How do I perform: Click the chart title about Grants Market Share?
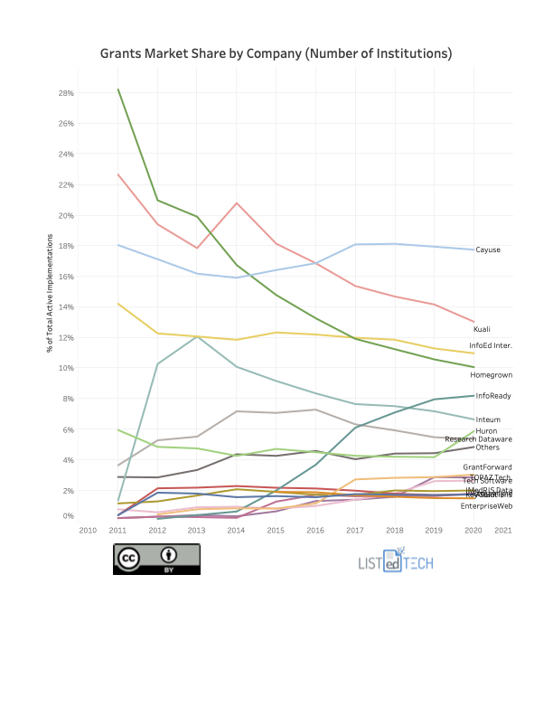click(276, 54)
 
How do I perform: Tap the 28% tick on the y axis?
click(66, 93)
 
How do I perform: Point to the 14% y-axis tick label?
click(66, 307)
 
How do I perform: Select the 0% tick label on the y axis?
click(68, 516)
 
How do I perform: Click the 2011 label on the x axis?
click(117, 530)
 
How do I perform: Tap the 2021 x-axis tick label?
click(503, 530)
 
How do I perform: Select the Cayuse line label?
click(488, 250)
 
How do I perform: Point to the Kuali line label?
click(482, 330)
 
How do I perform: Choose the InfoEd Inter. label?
click(491, 345)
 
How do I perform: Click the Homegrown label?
click(491, 374)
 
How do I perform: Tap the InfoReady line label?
click(493, 396)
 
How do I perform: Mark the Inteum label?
click(488, 419)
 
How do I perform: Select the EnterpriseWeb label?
click(486, 505)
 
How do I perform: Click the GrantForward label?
click(487, 466)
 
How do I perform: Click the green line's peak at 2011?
click(118, 89)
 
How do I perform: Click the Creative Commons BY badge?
click(156, 559)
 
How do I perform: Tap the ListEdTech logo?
click(396, 561)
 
